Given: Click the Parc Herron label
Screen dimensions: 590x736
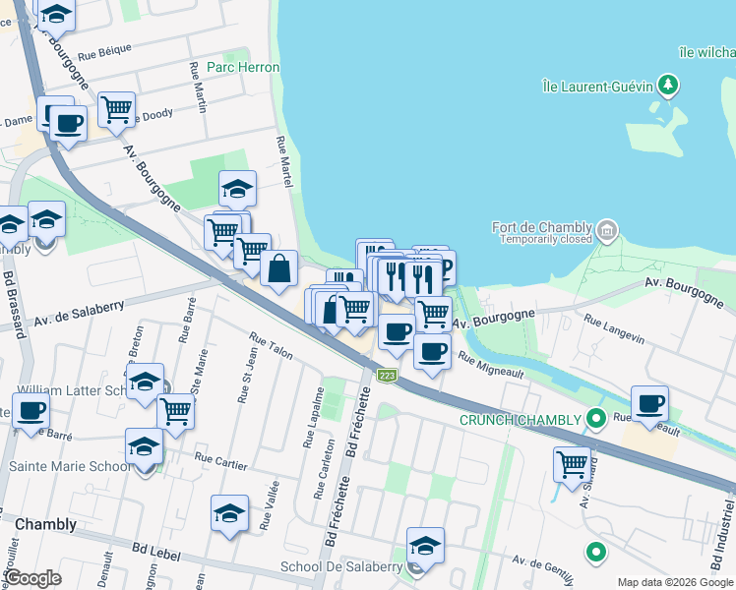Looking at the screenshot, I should click(x=243, y=67).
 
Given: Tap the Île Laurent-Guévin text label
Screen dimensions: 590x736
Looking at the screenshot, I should click(x=597, y=87).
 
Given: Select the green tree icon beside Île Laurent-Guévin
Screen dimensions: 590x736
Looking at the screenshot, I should click(x=668, y=86).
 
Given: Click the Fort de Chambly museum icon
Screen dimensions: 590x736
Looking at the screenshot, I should click(x=607, y=232).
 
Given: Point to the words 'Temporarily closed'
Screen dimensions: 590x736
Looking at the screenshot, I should click(x=545, y=239).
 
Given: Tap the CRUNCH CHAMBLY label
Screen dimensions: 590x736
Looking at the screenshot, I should click(x=521, y=421).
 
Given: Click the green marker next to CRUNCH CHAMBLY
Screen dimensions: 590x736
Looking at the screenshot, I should click(x=595, y=420).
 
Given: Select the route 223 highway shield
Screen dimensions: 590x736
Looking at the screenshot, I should click(x=388, y=376).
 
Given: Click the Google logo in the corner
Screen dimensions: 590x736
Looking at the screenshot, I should click(x=32, y=578).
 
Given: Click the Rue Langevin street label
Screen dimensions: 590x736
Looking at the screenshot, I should click(x=614, y=328).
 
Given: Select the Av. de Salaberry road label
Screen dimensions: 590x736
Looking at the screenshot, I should click(x=79, y=313).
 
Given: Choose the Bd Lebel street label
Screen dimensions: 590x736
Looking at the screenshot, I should click(x=154, y=554).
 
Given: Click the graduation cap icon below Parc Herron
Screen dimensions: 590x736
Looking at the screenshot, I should click(x=237, y=188).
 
